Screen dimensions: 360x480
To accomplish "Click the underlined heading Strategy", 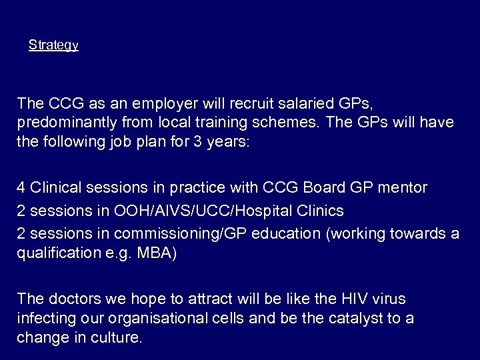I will (x=53, y=45).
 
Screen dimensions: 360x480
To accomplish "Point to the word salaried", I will (x=283, y=103).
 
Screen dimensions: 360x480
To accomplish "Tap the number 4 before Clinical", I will (x=21, y=188).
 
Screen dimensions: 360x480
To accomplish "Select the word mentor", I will (x=403, y=188).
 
